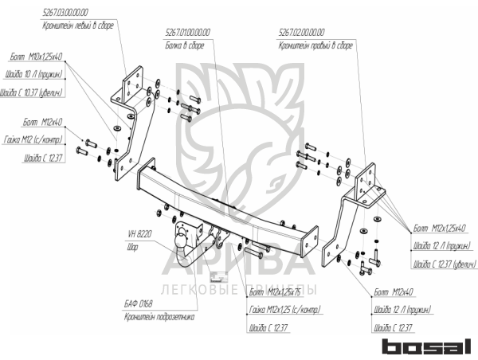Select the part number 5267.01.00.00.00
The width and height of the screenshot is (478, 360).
[188, 33]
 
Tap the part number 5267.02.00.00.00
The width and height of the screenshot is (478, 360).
[302, 33]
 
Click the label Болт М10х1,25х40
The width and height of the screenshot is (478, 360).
[37, 58]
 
